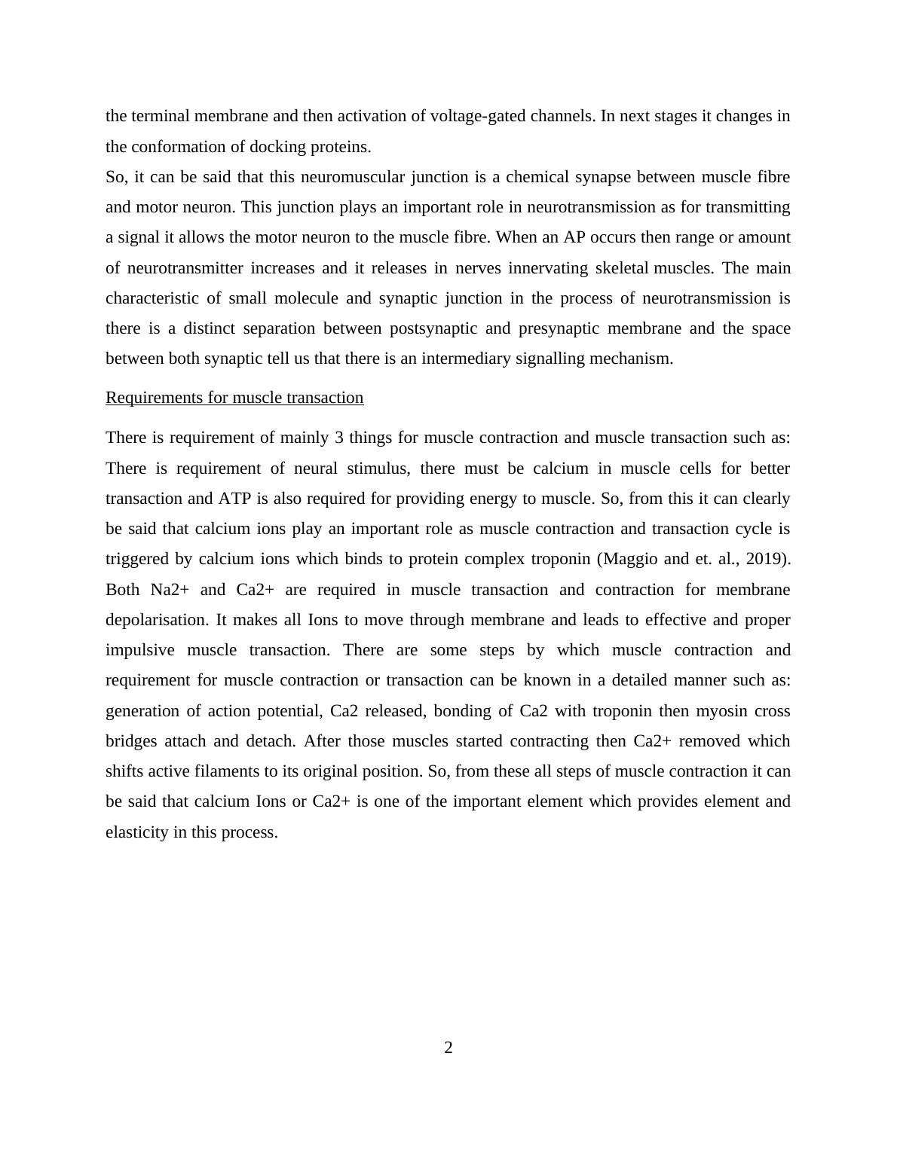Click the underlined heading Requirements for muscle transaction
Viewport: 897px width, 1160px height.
click(x=234, y=398)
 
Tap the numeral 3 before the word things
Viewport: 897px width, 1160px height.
click(x=339, y=438)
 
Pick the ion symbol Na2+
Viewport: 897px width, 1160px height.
click(x=164, y=590)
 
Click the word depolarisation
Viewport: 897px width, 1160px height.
click(x=157, y=620)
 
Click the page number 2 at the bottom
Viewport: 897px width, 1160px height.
click(x=448, y=1048)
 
